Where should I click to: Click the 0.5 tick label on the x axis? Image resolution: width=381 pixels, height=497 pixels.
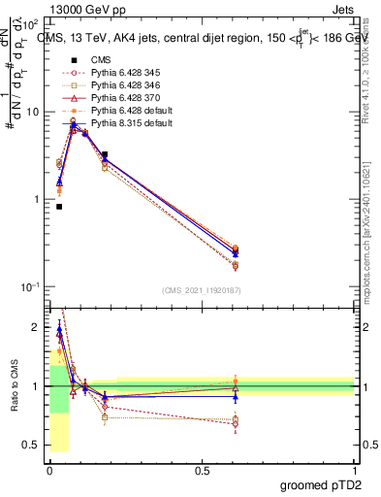click(x=202, y=468)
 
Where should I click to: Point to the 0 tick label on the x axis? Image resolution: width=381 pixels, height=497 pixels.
click(x=48, y=468)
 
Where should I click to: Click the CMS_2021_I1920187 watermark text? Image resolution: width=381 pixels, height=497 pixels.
click(x=202, y=290)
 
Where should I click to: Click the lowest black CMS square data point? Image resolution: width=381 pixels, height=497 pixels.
click(x=59, y=207)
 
